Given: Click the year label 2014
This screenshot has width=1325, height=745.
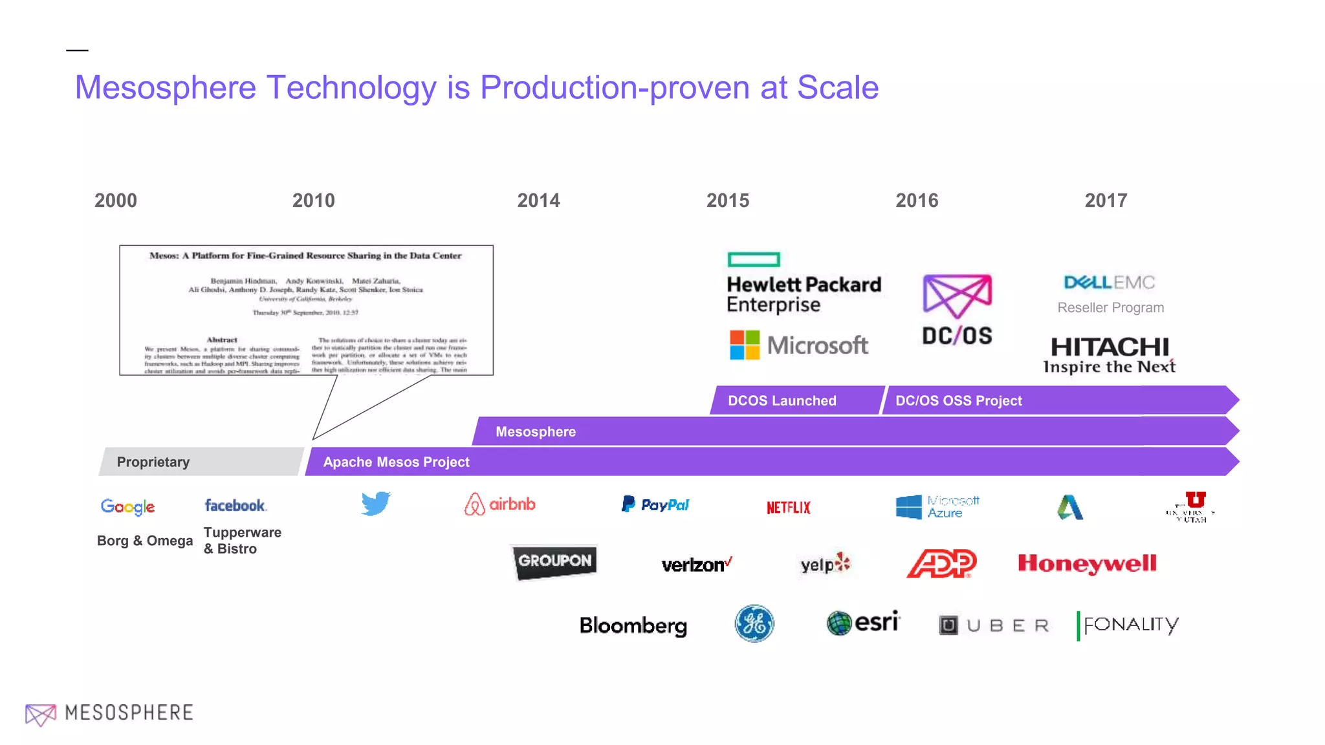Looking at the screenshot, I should (538, 200).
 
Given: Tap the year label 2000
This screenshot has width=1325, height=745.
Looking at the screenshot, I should (116, 200).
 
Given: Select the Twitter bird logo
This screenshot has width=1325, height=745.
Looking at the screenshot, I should (376, 504).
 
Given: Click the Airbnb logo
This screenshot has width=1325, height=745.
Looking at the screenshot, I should (500, 504).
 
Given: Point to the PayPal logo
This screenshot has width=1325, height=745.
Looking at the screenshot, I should (655, 504).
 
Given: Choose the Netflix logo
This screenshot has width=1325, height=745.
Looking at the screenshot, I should (788, 508).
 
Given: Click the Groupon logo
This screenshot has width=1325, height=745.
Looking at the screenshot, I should (554, 561).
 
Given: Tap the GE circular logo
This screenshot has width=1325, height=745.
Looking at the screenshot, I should (754, 624).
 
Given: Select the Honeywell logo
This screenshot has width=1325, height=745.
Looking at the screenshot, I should (1087, 564).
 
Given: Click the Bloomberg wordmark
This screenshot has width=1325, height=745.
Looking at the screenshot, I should (633, 625).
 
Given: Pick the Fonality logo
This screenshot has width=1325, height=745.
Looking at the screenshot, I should (1128, 625).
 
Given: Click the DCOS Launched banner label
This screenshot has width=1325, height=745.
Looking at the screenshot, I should (782, 401).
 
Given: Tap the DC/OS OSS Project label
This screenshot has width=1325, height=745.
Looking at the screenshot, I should (958, 401).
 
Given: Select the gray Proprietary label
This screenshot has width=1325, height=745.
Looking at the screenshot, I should (153, 462).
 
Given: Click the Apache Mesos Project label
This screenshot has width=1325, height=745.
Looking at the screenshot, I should (396, 462).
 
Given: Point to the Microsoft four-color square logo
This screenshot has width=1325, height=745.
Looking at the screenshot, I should (745, 345).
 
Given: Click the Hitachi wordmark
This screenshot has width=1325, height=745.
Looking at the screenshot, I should (1110, 347).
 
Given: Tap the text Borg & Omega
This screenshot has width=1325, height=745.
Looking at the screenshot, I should (145, 541).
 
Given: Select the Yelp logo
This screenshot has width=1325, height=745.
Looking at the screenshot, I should (825, 564).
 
